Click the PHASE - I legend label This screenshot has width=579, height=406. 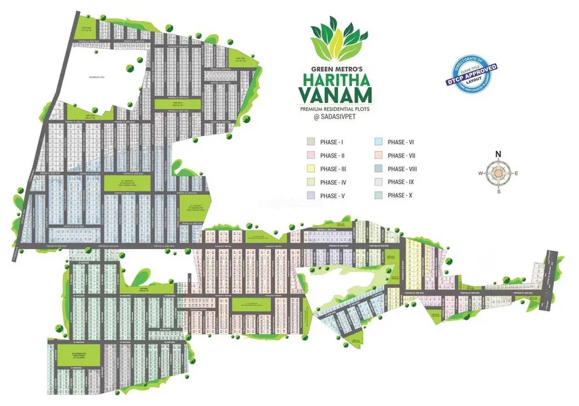[x=333, y=143]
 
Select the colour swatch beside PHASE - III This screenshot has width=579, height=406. [x=310, y=169]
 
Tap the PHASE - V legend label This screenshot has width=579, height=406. [x=333, y=196]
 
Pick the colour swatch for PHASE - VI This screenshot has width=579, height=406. [x=378, y=143]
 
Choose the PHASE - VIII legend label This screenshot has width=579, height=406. [x=402, y=169]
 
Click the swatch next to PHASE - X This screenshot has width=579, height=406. [x=378, y=196]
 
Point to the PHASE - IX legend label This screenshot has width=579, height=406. [x=401, y=182]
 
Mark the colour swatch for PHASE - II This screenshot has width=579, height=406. [x=310, y=156]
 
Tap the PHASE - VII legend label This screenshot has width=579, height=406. [x=401, y=156]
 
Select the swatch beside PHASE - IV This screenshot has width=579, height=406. [x=310, y=182]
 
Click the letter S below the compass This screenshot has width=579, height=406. [x=499, y=191]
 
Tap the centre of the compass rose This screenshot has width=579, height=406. [x=498, y=174]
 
